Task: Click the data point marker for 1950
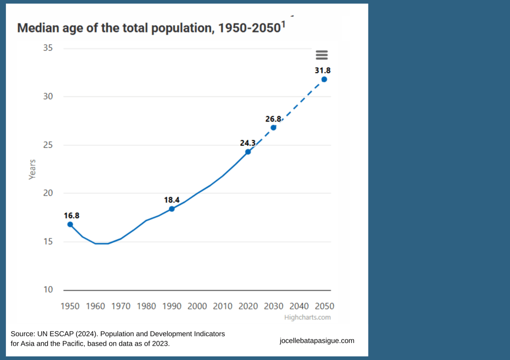(70, 224)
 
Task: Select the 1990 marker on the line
(172, 209)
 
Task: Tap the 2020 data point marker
(248, 152)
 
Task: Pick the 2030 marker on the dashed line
(273, 127)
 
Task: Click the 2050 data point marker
(324, 79)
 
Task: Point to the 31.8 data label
(323, 71)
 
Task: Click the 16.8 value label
(71, 216)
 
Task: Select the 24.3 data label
(248, 143)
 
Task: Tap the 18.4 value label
(172, 200)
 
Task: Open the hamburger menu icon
(322, 55)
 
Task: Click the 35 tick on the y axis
(48, 48)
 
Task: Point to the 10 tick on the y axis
(48, 290)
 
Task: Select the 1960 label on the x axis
(96, 306)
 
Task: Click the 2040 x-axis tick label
(299, 306)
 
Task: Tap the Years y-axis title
(32, 169)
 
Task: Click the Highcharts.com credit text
(307, 317)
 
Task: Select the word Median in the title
(38, 28)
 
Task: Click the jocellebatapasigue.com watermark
(317, 341)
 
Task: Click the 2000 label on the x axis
(197, 306)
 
